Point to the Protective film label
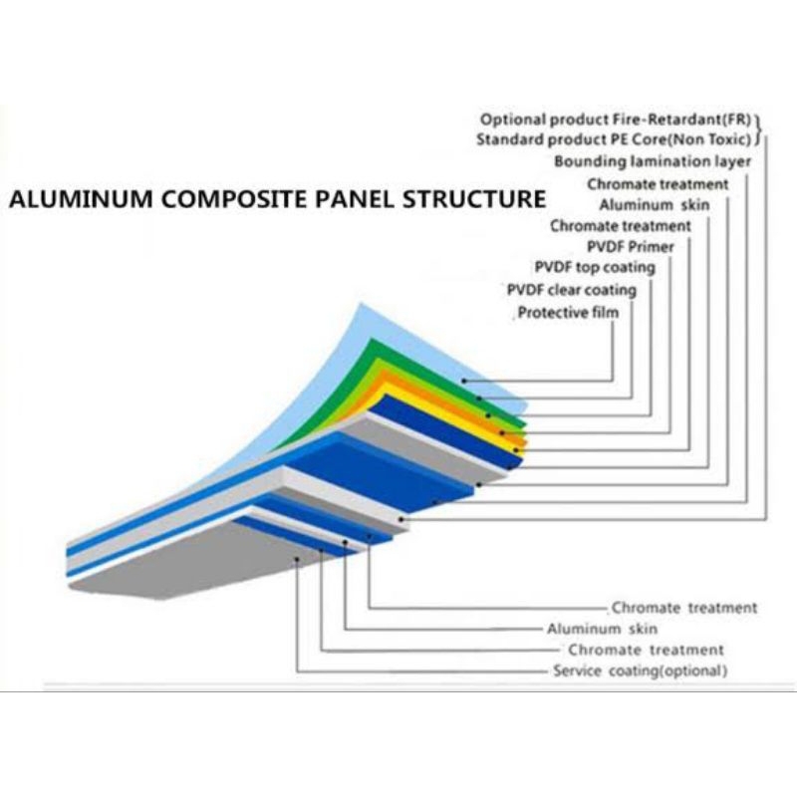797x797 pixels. point(568,313)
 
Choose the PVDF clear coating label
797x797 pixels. point(571,290)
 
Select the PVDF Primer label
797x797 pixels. point(631,246)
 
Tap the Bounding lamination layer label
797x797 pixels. point(653,161)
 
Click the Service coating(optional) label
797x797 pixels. point(640,671)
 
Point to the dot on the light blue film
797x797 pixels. point(463,381)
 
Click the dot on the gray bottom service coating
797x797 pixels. point(298,560)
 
